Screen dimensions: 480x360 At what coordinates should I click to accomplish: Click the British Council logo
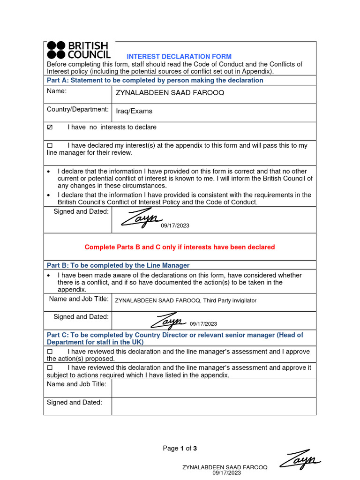78,50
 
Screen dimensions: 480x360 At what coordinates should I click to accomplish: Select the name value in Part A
170,93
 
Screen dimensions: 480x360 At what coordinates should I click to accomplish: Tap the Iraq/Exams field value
135,112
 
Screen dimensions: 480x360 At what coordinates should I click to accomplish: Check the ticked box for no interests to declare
50,127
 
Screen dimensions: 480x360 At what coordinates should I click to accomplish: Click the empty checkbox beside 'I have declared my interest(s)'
50,146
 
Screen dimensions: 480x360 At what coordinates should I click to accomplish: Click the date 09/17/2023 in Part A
175,226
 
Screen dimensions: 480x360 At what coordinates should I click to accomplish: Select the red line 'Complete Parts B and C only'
180,247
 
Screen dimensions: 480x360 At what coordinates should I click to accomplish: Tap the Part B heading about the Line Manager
118,265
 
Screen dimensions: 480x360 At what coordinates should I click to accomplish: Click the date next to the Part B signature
203,324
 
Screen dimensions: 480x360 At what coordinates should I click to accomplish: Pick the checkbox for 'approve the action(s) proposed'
50,352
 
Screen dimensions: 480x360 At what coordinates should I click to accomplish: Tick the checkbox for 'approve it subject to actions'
50,368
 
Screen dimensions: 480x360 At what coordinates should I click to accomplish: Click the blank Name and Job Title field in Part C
214,388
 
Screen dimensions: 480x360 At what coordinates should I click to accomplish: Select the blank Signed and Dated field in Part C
214,406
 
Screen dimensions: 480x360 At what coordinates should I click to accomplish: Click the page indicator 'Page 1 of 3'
180,449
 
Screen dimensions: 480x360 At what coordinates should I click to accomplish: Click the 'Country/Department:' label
78,110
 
